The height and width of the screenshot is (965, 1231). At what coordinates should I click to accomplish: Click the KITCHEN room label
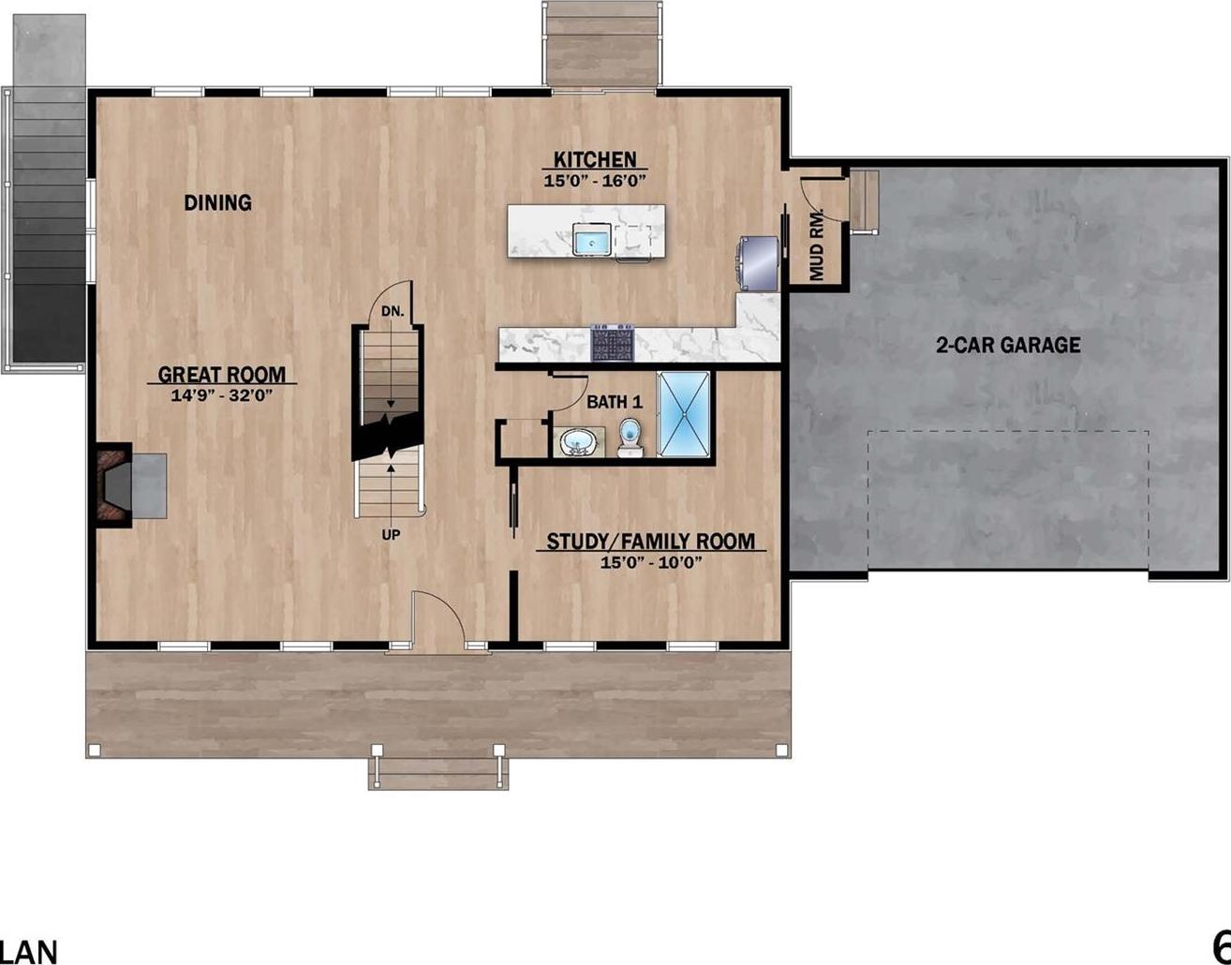tap(594, 160)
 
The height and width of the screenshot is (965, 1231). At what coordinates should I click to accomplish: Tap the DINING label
tap(217, 202)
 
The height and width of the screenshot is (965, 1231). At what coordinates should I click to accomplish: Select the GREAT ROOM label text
tap(221, 375)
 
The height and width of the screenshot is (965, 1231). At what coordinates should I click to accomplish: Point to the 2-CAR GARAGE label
tap(1008, 345)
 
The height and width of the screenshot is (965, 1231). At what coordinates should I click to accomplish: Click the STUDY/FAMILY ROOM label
tap(650, 542)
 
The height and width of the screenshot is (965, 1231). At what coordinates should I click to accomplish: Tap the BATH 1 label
tap(615, 402)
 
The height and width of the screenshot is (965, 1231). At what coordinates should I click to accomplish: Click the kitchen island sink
tap(592, 241)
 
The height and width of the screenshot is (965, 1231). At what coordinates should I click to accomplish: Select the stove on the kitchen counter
tap(613, 342)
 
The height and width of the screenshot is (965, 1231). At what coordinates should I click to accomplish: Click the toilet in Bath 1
tap(630, 437)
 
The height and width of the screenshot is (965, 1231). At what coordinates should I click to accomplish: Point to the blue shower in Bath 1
tap(686, 415)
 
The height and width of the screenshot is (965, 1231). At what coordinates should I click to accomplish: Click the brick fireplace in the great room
tap(112, 483)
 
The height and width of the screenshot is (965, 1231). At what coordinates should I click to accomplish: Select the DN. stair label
tap(393, 311)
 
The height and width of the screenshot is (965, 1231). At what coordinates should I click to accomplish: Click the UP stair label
tap(391, 535)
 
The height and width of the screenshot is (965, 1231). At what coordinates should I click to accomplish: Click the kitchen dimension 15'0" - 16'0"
tap(595, 182)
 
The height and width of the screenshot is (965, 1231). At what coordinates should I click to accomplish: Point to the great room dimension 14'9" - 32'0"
tap(221, 396)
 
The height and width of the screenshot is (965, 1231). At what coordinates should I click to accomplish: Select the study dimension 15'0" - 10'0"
tap(651, 563)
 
